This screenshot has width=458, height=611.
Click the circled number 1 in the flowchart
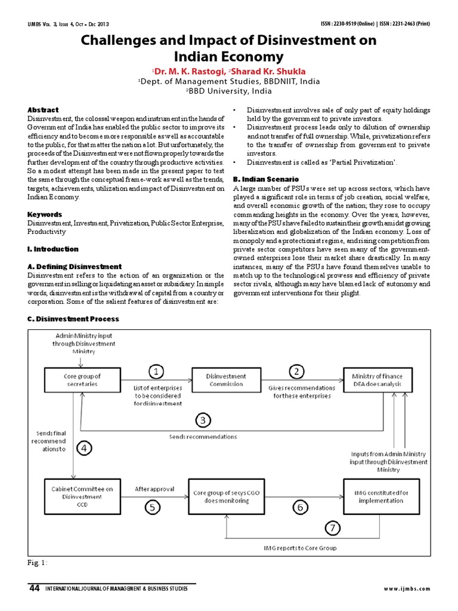[x=156, y=372]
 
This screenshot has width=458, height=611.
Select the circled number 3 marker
[x=203, y=421]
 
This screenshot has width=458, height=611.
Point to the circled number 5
[x=153, y=507]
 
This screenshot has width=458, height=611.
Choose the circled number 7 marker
[x=333, y=528]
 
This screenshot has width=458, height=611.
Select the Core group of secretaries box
[x=82, y=380]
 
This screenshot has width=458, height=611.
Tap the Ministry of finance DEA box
[x=377, y=380]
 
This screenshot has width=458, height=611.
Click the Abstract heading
[x=43, y=110]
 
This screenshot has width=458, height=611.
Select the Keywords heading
[x=45, y=214]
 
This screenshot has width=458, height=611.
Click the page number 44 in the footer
[x=34, y=588]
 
